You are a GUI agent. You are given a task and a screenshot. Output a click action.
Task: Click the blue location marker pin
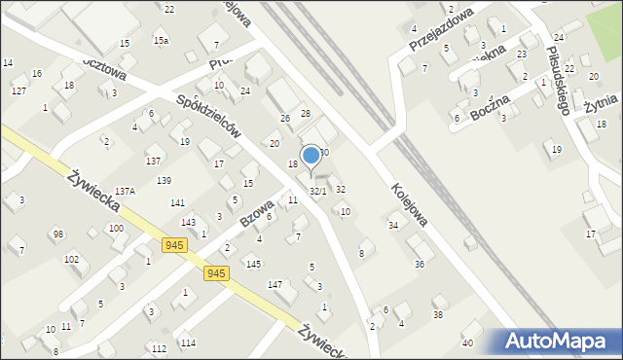click(311, 155)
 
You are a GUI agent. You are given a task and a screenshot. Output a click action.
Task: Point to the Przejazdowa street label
click(440, 28)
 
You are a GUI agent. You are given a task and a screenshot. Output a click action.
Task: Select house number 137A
click(125, 192)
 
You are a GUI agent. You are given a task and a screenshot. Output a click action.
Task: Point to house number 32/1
click(317, 192)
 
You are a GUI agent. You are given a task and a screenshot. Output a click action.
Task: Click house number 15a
click(161, 41)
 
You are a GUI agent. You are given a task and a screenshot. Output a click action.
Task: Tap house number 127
click(18, 90)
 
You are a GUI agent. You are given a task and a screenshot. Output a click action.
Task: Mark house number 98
click(58, 234)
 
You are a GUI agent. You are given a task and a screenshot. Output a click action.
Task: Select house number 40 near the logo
click(467, 343)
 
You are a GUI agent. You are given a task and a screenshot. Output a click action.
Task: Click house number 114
click(187, 343)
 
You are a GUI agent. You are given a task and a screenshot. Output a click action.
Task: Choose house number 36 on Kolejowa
click(419, 264)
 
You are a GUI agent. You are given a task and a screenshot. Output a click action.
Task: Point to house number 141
click(177, 203)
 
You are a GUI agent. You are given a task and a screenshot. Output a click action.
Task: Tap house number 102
click(71, 260)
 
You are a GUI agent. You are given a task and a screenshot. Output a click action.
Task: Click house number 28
click(305, 115)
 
